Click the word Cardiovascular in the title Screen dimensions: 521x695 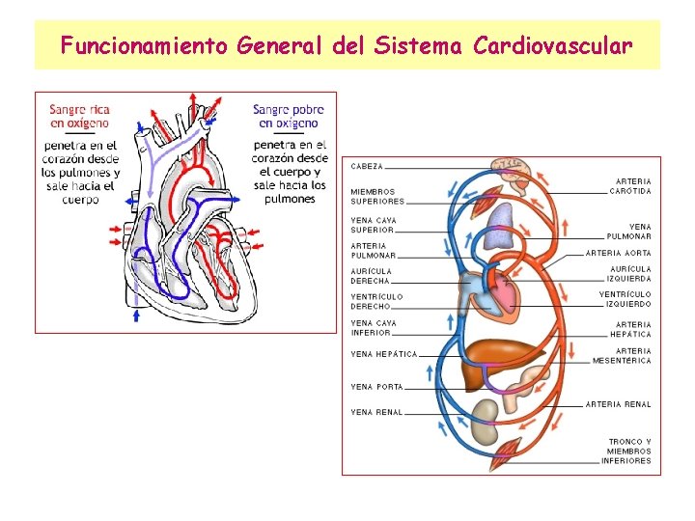click(x=553, y=45)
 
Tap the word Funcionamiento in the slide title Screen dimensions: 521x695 click(x=143, y=45)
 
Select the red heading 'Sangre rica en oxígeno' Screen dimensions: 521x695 click(x=80, y=116)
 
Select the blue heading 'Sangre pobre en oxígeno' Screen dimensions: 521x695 click(x=289, y=116)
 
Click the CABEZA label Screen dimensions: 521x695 click(x=367, y=167)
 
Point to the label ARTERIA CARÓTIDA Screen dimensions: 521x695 click(x=631, y=185)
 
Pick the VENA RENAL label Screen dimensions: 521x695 click(x=376, y=412)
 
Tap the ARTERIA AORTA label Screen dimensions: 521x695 click(x=619, y=253)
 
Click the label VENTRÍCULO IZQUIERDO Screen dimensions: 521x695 click(x=625, y=299)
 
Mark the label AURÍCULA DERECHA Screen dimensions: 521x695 click(x=372, y=276)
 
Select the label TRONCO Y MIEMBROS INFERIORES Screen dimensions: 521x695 click(x=628, y=452)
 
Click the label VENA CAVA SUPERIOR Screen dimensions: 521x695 click(x=373, y=225)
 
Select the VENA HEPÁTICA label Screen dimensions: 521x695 click(x=383, y=354)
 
